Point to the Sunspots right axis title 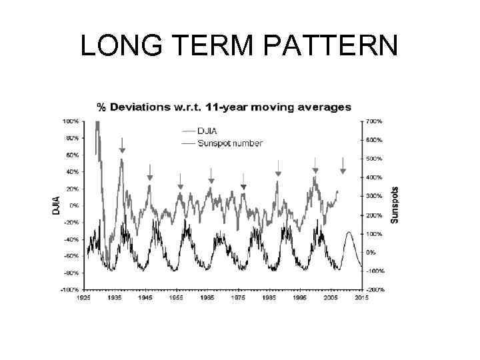click(x=395, y=205)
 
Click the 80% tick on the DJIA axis click(x=71, y=138)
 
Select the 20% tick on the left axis click(x=71, y=189)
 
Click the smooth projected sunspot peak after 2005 click(x=349, y=233)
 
